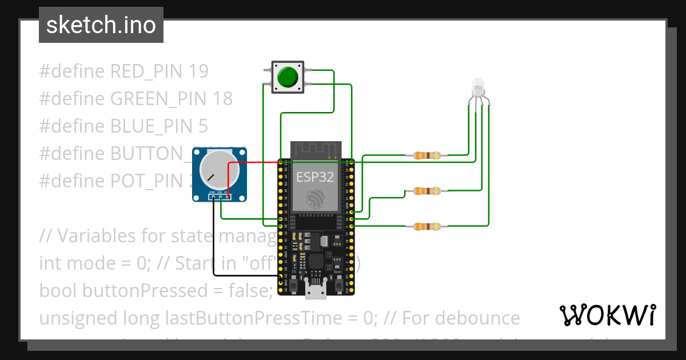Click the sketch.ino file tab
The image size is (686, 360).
pyautogui.click(x=101, y=25)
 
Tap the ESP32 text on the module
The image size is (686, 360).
pyautogui.click(x=314, y=177)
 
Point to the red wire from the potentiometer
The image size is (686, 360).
pyautogui.click(x=252, y=163)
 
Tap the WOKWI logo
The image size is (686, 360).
pyautogui.click(x=607, y=315)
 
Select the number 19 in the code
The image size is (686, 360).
pyautogui.click(x=198, y=71)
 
